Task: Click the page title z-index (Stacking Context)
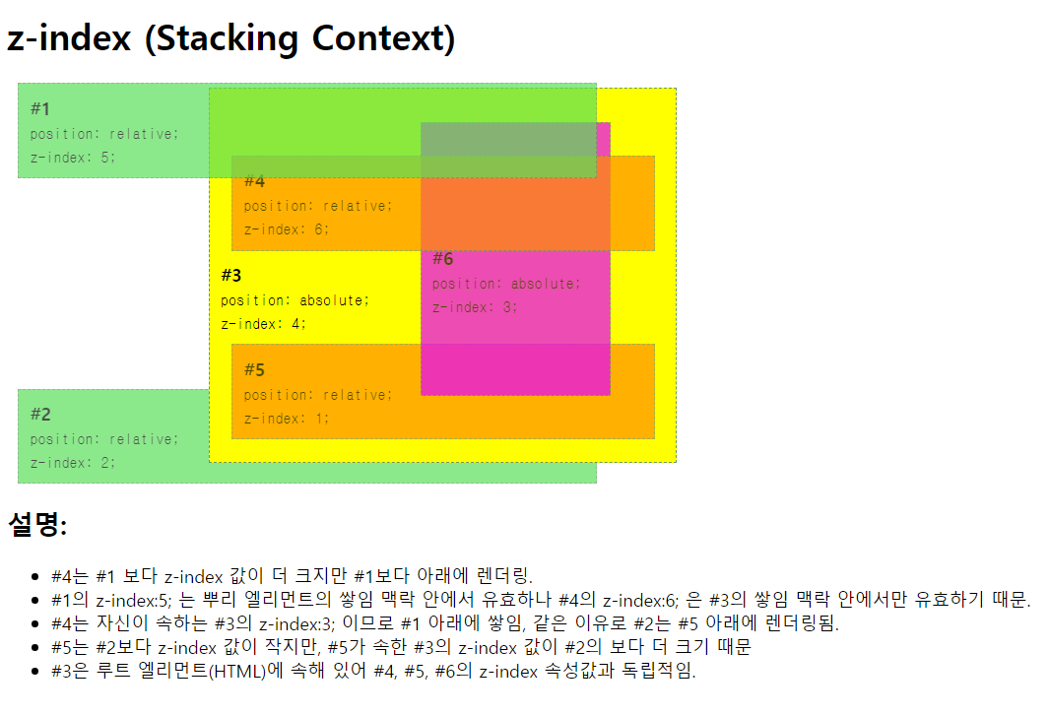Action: [x=230, y=39]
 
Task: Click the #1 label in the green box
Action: [x=40, y=108]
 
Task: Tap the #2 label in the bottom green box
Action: [x=40, y=414]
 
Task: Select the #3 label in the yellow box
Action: [x=231, y=275]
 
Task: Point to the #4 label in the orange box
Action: [x=254, y=181]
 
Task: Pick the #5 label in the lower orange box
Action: [x=254, y=370]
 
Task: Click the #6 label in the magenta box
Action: [x=443, y=259]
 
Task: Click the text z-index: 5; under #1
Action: [x=73, y=157]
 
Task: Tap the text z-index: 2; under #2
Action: [x=73, y=463]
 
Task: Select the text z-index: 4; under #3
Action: [x=264, y=323]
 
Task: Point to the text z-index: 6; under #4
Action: [x=287, y=229]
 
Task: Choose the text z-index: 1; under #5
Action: [x=287, y=419]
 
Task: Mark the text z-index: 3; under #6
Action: [x=475, y=307]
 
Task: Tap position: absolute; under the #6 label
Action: [x=506, y=284]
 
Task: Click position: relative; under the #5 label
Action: [x=318, y=395]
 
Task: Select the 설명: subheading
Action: [x=37, y=526]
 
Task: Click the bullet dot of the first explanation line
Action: [x=36, y=576]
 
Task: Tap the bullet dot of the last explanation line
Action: [x=36, y=673]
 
